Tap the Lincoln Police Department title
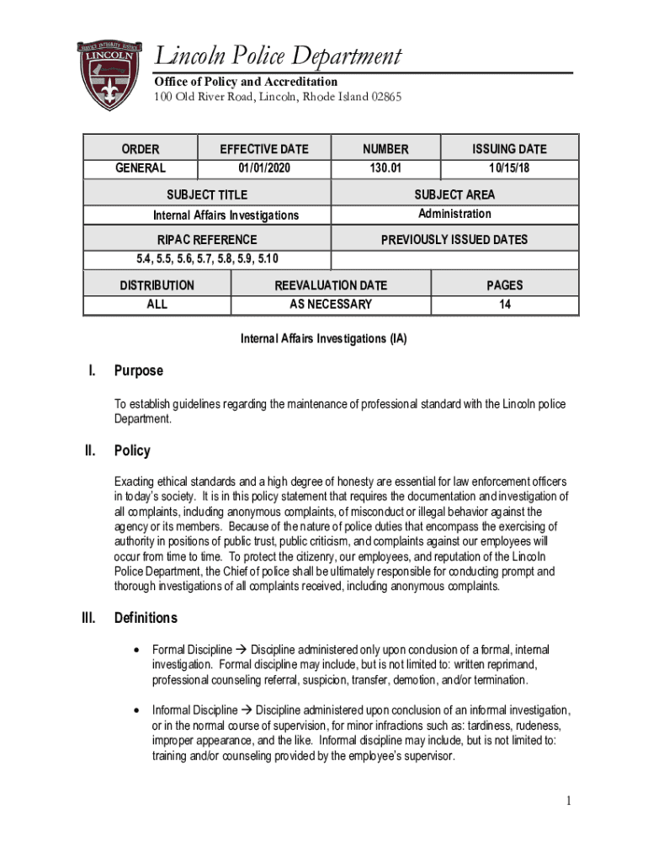pyautogui.click(x=279, y=57)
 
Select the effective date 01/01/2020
pyautogui.click(x=263, y=168)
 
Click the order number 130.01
pyautogui.click(x=385, y=168)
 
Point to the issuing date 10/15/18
pyautogui.click(x=509, y=168)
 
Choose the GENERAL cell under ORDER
pyautogui.click(x=140, y=168)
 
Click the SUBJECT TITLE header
pyautogui.click(x=207, y=195)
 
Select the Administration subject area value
pyautogui.click(x=454, y=214)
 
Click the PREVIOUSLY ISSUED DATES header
pyautogui.click(x=454, y=240)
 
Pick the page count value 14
pyautogui.click(x=504, y=304)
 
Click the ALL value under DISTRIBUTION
pyautogui.click(x=157, y=304)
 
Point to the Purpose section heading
pyautogui.click(x=139, y=371)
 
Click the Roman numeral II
pyautogui.click(x=92, y=451)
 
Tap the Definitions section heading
pyautogui.click(x=146, y=619)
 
